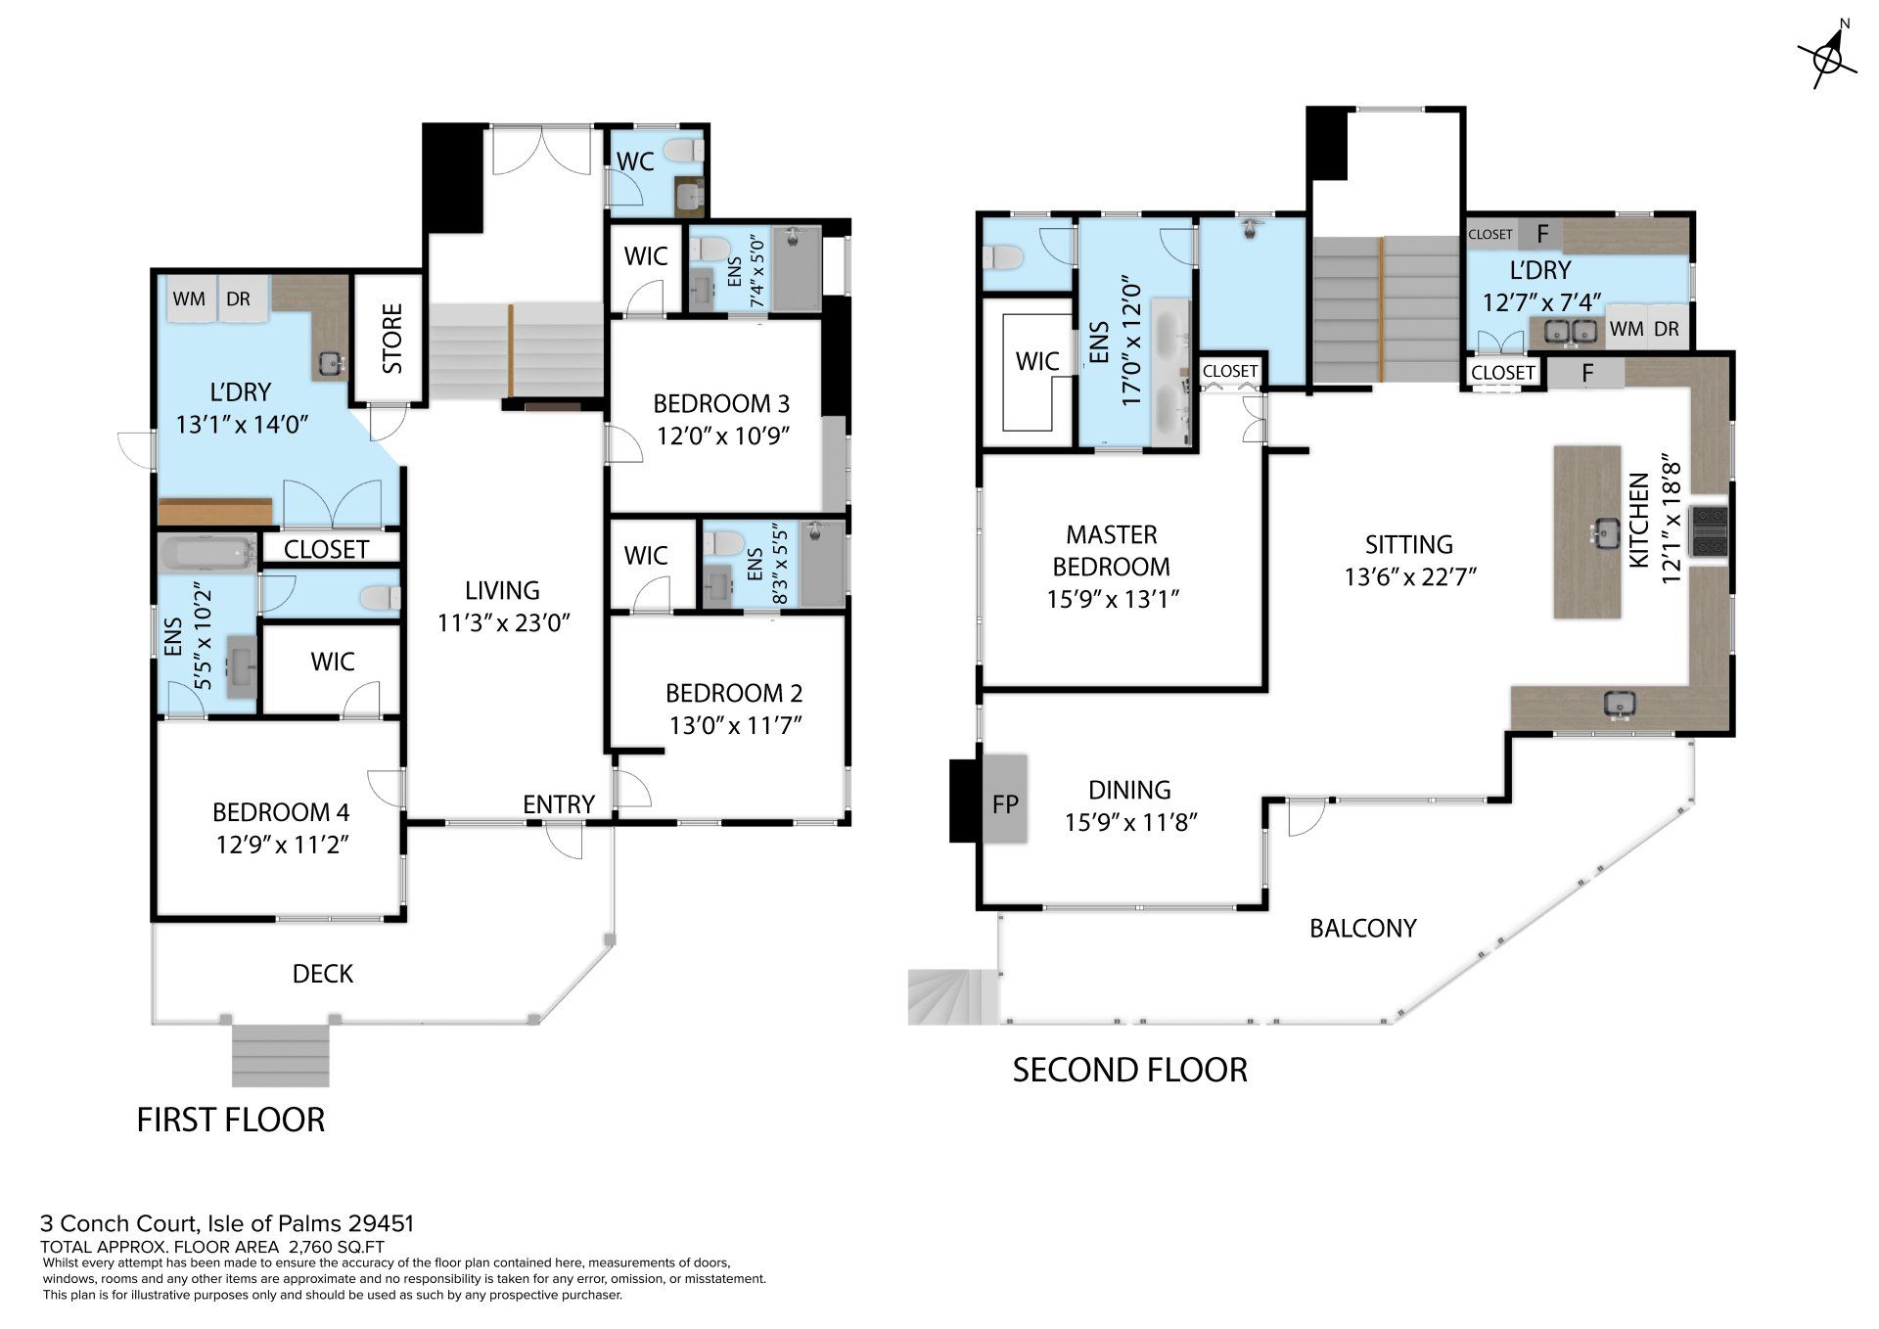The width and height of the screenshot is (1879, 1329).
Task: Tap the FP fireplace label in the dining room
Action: pos(1005,804)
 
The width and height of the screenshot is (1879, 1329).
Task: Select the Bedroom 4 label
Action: pos(281,812)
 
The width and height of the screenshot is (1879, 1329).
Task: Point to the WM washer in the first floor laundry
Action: pos(189,298)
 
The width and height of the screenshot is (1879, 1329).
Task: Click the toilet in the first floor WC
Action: pos(683,151)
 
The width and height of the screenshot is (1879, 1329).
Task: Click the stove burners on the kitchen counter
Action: pos(1712,532)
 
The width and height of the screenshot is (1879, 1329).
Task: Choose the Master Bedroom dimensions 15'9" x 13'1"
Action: pos(1113,599)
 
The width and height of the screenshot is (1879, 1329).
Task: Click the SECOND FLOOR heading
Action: pos(1129,1070)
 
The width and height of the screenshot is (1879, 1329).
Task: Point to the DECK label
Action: pos(323,974)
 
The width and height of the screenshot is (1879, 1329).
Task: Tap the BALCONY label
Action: pos(1362,928)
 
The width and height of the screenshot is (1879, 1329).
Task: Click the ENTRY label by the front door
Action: pos(558,804)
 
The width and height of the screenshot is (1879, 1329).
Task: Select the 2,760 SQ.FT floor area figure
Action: pos(336,1247)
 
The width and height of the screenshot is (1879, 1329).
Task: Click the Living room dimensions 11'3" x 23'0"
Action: pos(503,622)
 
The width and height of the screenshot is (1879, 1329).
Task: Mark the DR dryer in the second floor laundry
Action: pos(1667,330)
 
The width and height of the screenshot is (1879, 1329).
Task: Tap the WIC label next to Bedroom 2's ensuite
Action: pos(645,556)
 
